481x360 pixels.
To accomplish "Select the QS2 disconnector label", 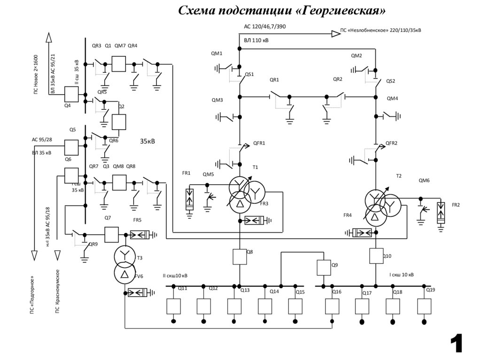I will (391, 81).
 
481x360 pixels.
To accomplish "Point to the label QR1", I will (274, 80).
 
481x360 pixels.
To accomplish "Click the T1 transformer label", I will (256, 167).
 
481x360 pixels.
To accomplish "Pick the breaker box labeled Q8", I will (240, 256).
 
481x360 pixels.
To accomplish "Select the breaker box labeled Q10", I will (376, 256).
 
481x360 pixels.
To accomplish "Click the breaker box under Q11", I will (173, 306).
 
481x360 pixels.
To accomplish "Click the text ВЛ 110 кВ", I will (256, 41).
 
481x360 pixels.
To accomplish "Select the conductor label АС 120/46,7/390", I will (264, 27).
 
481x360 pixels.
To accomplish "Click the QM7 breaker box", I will (119, 64).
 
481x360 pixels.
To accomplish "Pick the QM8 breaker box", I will (119, 182).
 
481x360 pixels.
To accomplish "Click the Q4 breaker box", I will (70, 95).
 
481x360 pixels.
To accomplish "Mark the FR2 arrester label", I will (456, 205).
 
